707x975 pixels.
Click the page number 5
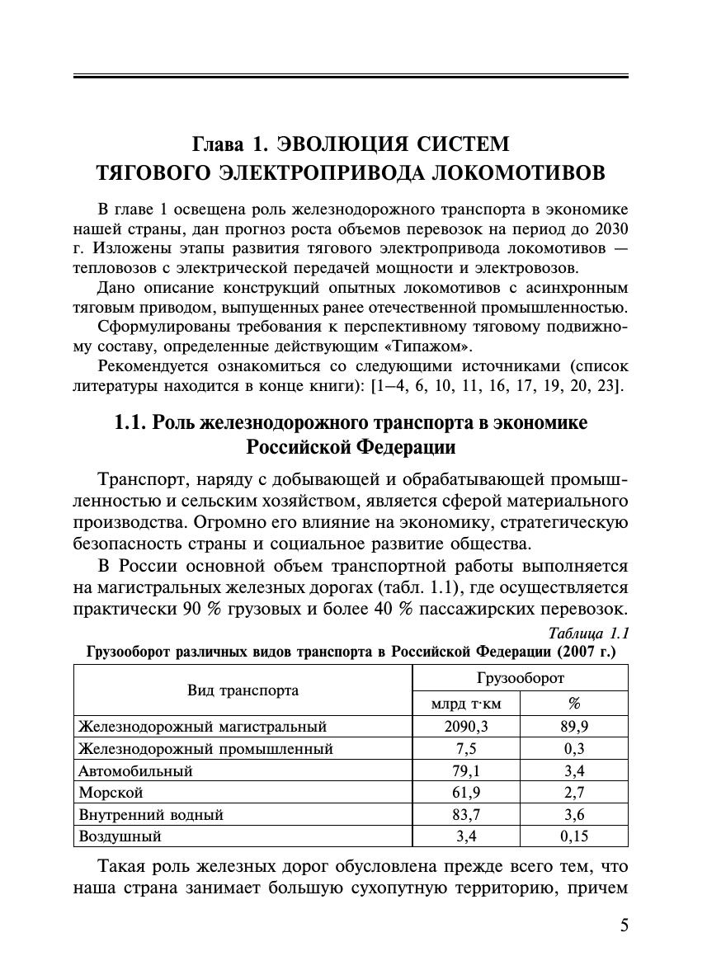point(624,925)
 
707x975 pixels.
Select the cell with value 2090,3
point(465,727)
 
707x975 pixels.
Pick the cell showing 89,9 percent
point(573,727)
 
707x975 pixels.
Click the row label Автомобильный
point(135,771)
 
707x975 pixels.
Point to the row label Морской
point(111,794)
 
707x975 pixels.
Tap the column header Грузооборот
point(520,678)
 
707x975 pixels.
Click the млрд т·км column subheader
point(465,704)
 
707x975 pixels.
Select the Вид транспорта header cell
point(243,690)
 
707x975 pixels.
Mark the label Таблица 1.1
point(588,634)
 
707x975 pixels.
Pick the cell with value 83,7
point(465,815)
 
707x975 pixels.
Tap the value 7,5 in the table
point(465,749)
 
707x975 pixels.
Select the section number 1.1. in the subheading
point(130,423)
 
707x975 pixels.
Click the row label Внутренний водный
point(151,815)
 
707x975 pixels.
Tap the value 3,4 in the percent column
point(573,771)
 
